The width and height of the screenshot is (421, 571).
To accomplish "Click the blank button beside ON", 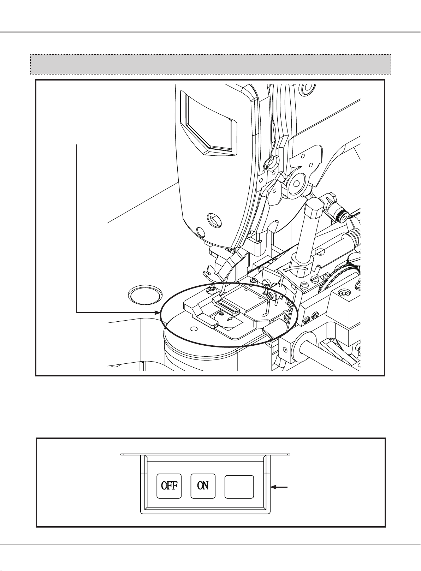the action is pos(239,487).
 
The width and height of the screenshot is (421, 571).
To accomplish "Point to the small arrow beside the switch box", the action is pos(280,487).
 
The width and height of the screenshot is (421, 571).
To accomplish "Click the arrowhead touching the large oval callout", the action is pos(158,313).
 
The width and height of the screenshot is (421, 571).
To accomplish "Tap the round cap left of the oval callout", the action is pos(145,295).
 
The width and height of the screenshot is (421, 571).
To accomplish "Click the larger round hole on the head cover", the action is pos(213,220).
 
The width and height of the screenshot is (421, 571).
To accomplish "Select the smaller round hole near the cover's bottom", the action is pos(200,232).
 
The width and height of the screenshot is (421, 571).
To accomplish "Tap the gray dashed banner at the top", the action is pos(210,64).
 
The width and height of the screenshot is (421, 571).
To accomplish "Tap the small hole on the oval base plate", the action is pos(193,329).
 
